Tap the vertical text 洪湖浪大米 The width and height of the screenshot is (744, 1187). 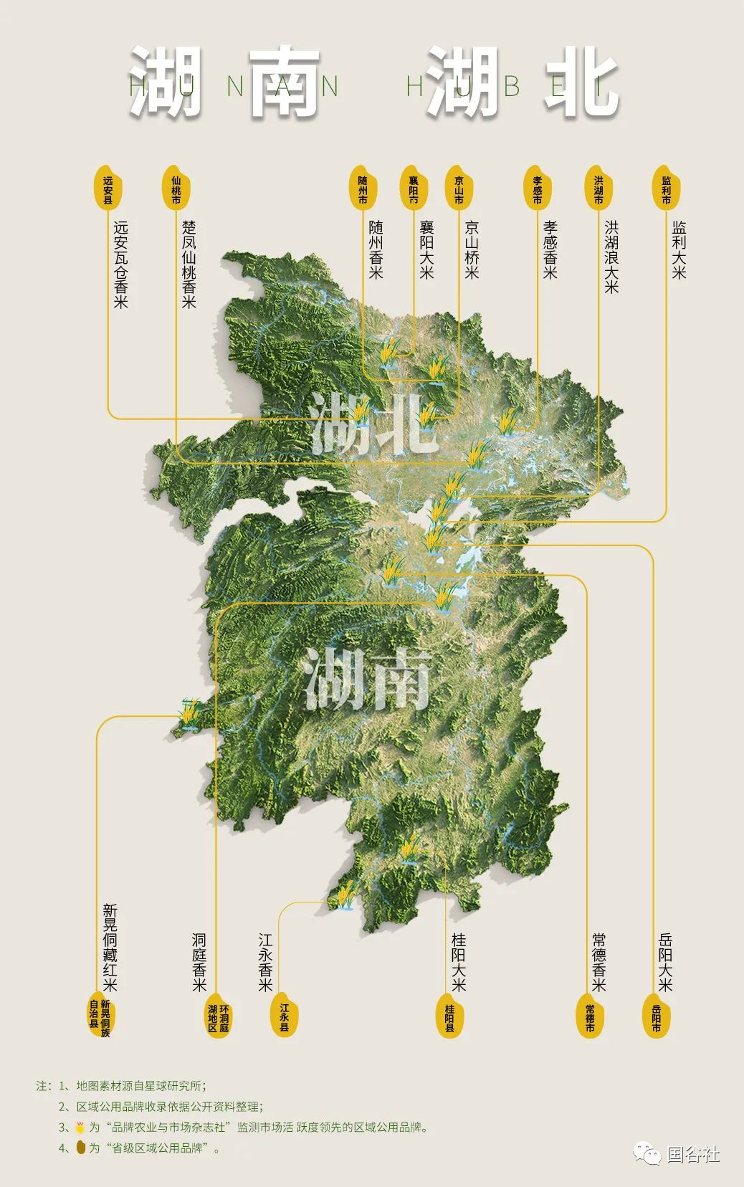[611, 257]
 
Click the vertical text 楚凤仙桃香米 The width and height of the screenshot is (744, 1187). [189, 264]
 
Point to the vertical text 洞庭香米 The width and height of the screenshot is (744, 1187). [199, 962]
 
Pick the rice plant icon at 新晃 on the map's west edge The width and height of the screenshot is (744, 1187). [189, 714]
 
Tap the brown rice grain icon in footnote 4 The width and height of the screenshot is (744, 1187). [80, 1148]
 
